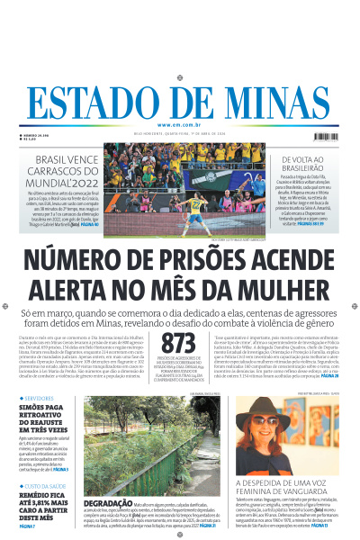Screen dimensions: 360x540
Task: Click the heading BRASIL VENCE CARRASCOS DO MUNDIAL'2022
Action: click(61, 171)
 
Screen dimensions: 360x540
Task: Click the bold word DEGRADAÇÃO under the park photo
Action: click(107, 503)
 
